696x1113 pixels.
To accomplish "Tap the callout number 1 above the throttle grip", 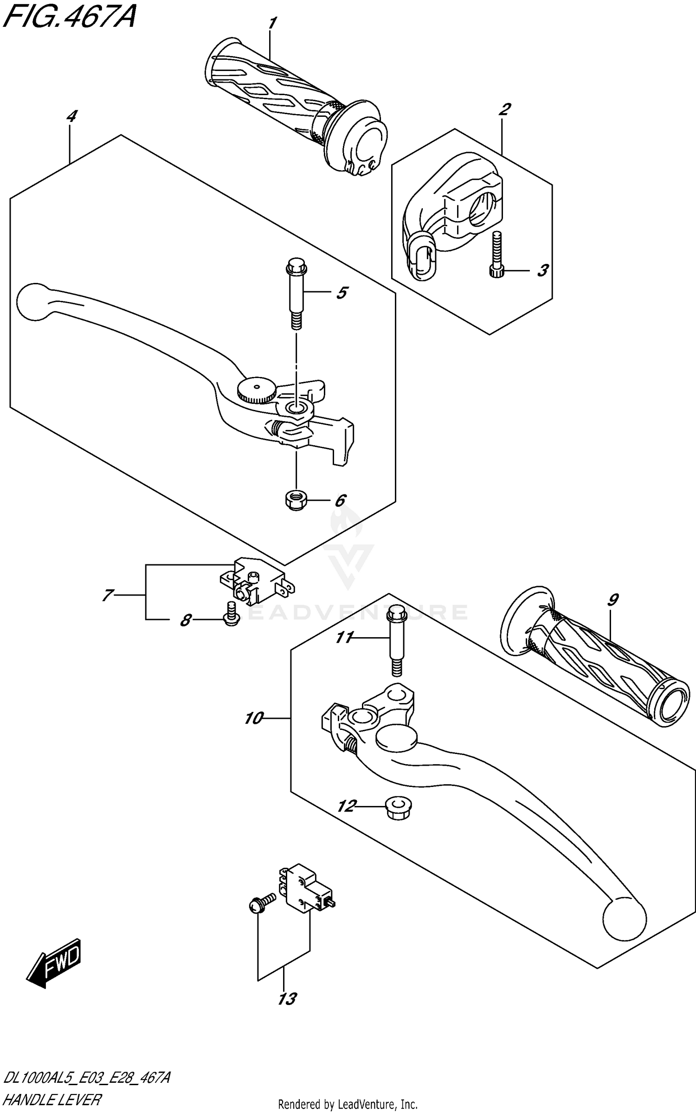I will tap(273, 23).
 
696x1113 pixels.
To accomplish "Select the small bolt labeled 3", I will tap(495, 255).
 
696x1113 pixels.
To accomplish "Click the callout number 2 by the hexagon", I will tap(504, 109).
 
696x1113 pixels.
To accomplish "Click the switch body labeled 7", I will tap(254, 582).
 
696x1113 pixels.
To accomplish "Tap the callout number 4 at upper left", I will tap(71, 116).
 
